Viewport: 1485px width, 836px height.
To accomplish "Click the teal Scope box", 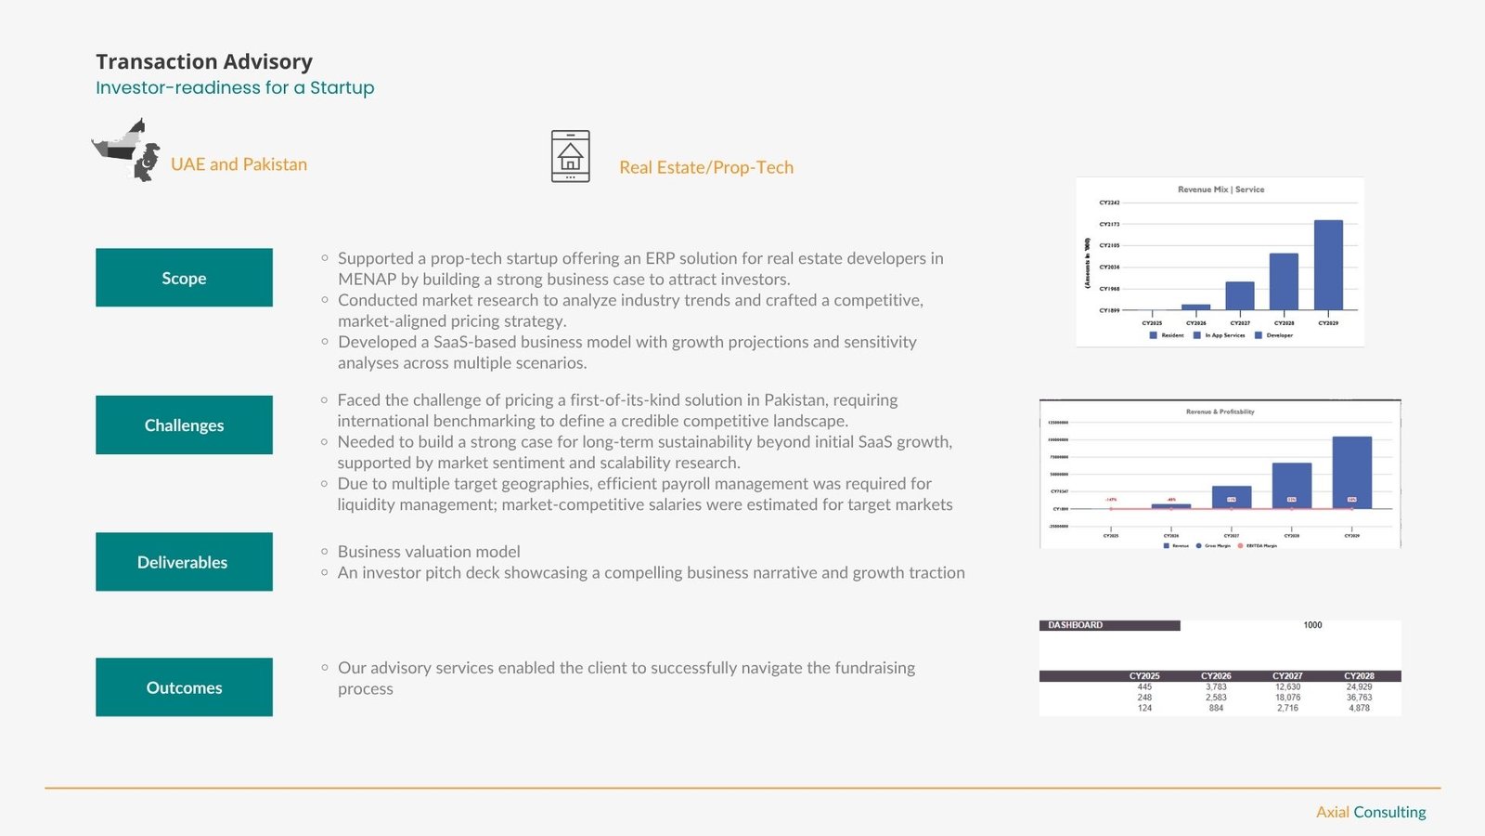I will (x=184, y=278).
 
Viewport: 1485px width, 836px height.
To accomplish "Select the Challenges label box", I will (x=184, y=425).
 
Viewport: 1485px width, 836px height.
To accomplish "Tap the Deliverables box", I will (x=184, y=562).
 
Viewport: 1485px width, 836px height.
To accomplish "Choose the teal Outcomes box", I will (x=184, y=687).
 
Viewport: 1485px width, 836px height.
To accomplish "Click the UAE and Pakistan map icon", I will (x=127, y=150).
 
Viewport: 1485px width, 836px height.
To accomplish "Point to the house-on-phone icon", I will (x=570, y=156).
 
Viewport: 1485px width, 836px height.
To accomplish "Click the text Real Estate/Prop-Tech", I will (x=706, y=167).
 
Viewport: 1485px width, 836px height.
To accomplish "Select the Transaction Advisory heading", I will (x=204, y=61).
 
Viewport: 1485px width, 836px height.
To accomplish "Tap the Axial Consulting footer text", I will (x=1371, y=812).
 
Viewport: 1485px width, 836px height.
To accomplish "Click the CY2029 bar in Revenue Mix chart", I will (x=1328, y=265).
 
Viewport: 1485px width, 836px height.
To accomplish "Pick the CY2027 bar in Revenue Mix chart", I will (x=1240, y=295).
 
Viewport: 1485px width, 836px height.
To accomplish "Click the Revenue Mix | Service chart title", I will (x=1220, y=189).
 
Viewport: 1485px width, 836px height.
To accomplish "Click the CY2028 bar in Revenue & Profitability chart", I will (x=1291, y=485).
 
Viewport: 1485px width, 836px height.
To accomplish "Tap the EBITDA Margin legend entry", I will (x=1259, y=546).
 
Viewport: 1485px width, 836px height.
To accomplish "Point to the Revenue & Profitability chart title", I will (x=1220, y=411).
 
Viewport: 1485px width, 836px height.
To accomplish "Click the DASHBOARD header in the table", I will (x=1076, y=625).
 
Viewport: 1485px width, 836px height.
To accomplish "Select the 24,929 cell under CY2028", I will (x=1359, y=687).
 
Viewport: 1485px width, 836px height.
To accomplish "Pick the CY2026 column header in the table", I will (x=1216, y=676).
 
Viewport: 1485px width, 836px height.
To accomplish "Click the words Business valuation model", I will (x=429, y=552).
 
